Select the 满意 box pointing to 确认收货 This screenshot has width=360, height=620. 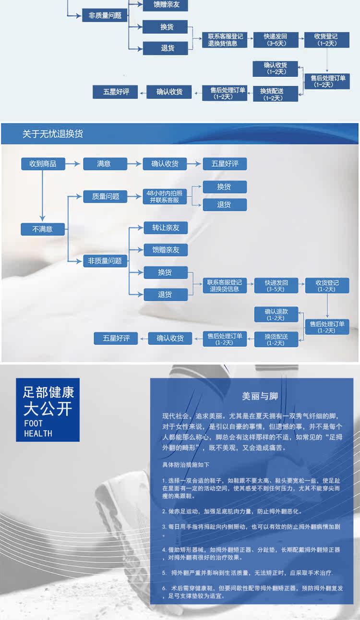click(105, 164)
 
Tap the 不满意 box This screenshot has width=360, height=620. click(43, 229)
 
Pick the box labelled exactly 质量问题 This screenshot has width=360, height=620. click(105, 196)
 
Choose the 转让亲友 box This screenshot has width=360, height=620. click(166, 227)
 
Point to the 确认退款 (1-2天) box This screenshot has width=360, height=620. click(276, 315)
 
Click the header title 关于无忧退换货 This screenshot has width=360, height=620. click(53, 134)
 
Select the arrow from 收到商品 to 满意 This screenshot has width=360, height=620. click(74, 164)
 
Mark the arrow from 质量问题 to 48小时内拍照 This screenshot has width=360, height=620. click(135, 196)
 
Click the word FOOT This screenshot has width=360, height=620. click(33, 424)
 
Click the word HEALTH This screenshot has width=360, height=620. click(38, 433)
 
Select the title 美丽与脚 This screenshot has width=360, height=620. click(260, 396)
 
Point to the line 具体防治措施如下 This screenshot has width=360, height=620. click(186, 465)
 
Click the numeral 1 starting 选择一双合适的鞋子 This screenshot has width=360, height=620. click(164, 480)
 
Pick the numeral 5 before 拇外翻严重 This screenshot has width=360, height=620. click(164, 573)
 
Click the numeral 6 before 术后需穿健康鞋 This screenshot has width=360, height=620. click(164, 588)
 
